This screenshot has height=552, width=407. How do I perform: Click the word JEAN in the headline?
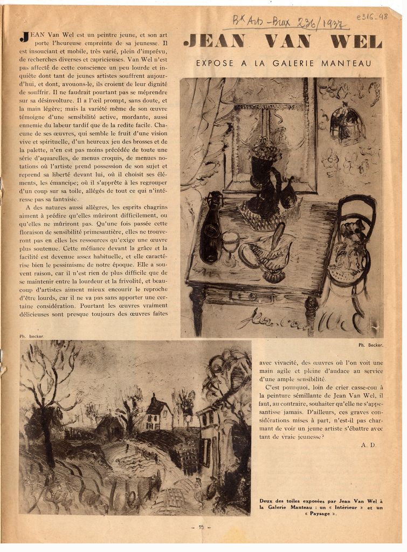pos(214,41)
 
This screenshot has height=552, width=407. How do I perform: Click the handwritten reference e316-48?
pos(372,17)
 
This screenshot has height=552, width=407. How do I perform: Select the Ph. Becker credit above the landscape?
pos(32,336)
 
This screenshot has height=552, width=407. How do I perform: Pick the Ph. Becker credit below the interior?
pos(370,344)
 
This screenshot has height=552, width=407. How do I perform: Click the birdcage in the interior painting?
pos(347,125)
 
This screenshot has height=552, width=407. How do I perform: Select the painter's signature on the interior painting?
pos(302,320)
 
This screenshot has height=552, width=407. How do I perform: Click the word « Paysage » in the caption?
pos(320,514)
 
